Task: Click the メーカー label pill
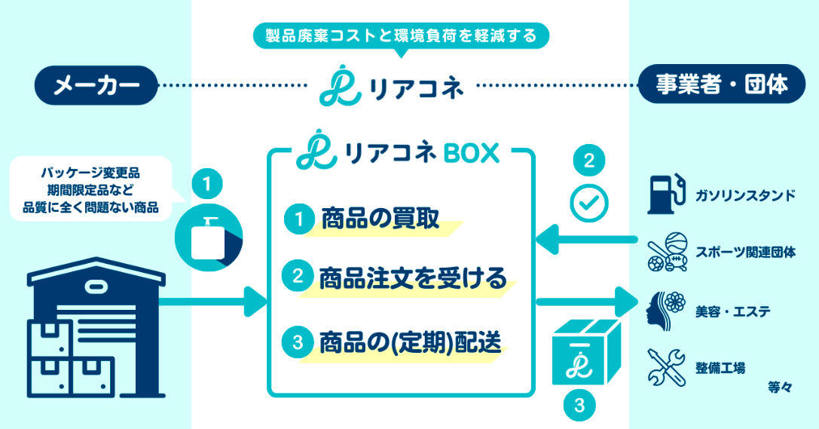(97, 86)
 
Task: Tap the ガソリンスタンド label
(745, 196)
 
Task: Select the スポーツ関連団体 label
(745, 253)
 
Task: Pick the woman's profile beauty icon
(664, 309)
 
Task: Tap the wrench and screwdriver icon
(665, 367)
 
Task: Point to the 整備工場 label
(720, 367)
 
